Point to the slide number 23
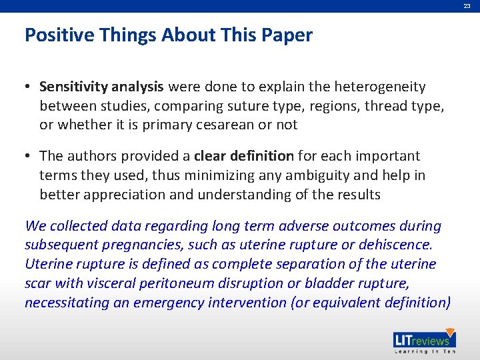[x=467, y=5]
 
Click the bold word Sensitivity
[x=73, y=87]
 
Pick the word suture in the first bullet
[x=225, y=106]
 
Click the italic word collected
[x=74, y=226]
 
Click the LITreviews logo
[x=424, y=339]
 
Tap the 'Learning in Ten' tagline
[x=424, y=351]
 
